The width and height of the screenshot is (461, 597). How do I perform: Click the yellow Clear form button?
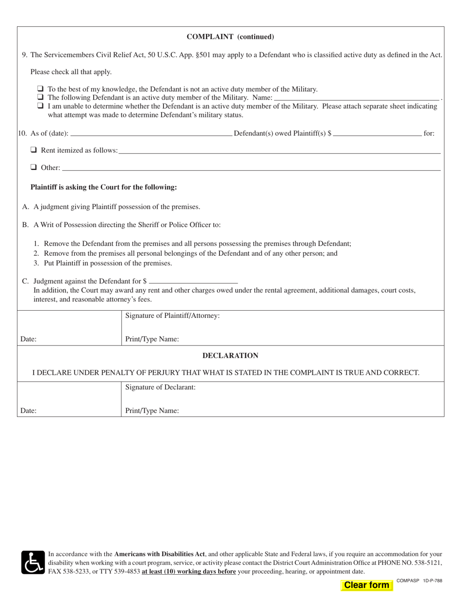click(x=366, y=585)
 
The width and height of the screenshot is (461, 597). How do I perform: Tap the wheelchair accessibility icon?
click(x=33, y=563)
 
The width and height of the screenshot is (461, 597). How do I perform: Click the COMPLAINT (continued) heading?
click(x=230, y=36)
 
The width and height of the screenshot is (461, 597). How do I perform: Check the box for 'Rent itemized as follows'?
click(x=34, y=150)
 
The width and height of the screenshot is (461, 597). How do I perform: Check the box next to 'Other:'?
click(x=34, y=167)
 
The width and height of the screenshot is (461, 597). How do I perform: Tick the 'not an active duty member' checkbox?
click(x=40, y=89)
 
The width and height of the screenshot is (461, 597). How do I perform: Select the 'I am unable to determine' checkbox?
click(x=40, y=105)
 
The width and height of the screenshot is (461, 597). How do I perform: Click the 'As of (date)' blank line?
click(x=151, y=133)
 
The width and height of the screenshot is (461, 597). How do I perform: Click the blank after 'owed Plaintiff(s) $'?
click(x=378, y=133)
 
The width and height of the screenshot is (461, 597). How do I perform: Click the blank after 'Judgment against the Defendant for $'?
click(x=194, y=281)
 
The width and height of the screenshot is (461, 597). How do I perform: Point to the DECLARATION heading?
click(x=230, y=356)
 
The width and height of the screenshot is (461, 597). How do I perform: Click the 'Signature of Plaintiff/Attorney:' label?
click(x=172, y=315)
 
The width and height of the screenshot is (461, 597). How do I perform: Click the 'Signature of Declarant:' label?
click(x=160, y=387)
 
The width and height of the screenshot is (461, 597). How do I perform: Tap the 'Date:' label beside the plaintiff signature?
click(x=28, y=339)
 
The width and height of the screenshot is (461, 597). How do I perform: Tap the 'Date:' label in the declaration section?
click(x=28, y=411)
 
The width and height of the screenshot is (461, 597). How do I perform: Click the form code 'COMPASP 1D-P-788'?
click(x=419, y=580)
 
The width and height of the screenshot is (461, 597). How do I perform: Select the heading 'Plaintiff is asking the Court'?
click(x=103, y=187)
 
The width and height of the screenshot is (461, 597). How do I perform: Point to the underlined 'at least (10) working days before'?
click(x=189, y=571)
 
